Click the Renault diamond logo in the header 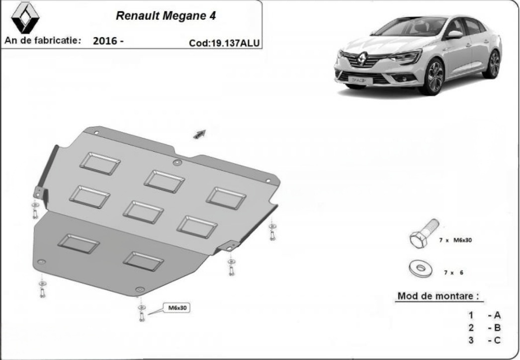25,17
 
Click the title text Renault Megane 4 166,15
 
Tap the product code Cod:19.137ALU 224,43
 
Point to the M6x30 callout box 177,308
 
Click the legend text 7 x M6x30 455,240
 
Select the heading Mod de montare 438,296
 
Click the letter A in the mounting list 497,315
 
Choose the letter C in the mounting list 497,340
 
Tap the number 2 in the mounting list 471,328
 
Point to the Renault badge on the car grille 363,59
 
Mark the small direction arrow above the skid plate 199,134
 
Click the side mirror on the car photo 455,34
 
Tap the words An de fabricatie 42,40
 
